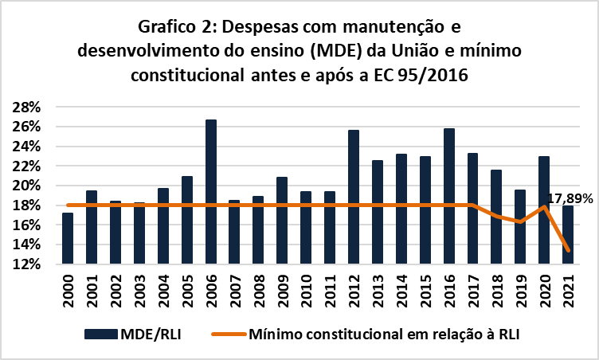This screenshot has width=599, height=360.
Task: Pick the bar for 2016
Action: (449, 196)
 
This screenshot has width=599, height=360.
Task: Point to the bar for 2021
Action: (568, 235)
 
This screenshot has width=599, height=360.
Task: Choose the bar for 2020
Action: (544, 210)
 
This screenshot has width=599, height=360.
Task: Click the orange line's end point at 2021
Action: (568, 251)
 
